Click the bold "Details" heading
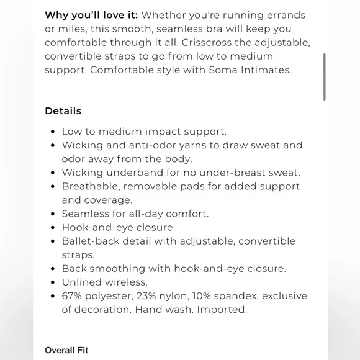63,111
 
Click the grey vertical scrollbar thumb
324,76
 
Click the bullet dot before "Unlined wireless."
52,282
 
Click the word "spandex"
240,295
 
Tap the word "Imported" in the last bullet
222,309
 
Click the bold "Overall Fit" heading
66,350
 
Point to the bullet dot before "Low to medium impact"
52,132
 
